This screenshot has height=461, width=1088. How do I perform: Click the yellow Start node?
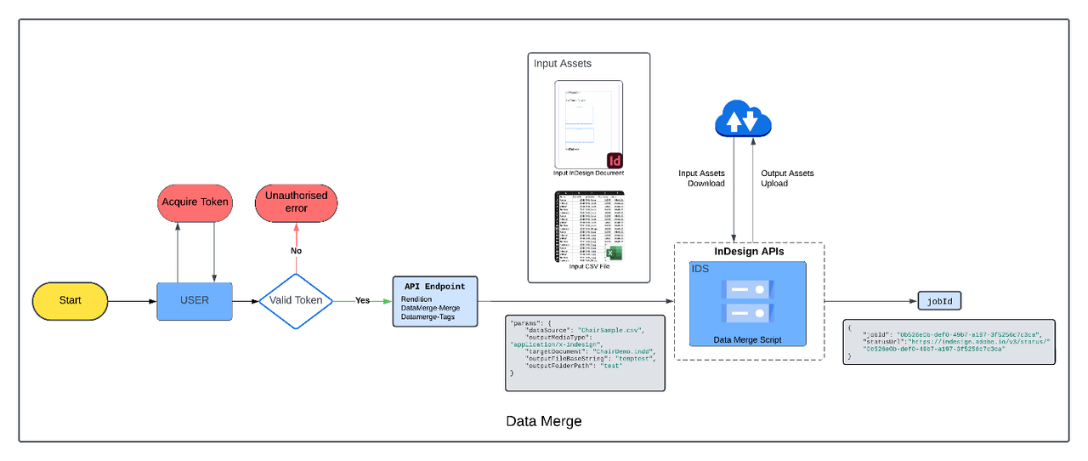coord(71,300)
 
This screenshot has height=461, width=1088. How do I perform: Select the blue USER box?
coord(195,300)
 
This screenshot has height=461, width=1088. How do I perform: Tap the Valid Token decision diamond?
coord(295,300)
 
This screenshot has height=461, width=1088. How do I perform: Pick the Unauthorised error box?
coord(297,202)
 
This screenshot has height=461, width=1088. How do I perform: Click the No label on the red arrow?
coord(296,251)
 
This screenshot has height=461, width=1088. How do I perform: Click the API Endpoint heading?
coord(434,287)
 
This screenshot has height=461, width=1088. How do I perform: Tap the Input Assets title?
coord(563,64)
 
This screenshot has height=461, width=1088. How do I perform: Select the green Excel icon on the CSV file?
coord(615,253)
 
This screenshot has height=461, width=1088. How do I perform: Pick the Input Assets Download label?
coord(701,179)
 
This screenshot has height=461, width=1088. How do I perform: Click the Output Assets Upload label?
coord(787,179)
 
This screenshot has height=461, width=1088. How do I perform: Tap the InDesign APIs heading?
coord(749,252)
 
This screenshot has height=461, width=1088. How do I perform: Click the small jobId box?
coord(939,300)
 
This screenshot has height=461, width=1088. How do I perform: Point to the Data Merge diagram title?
coord(544,421)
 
